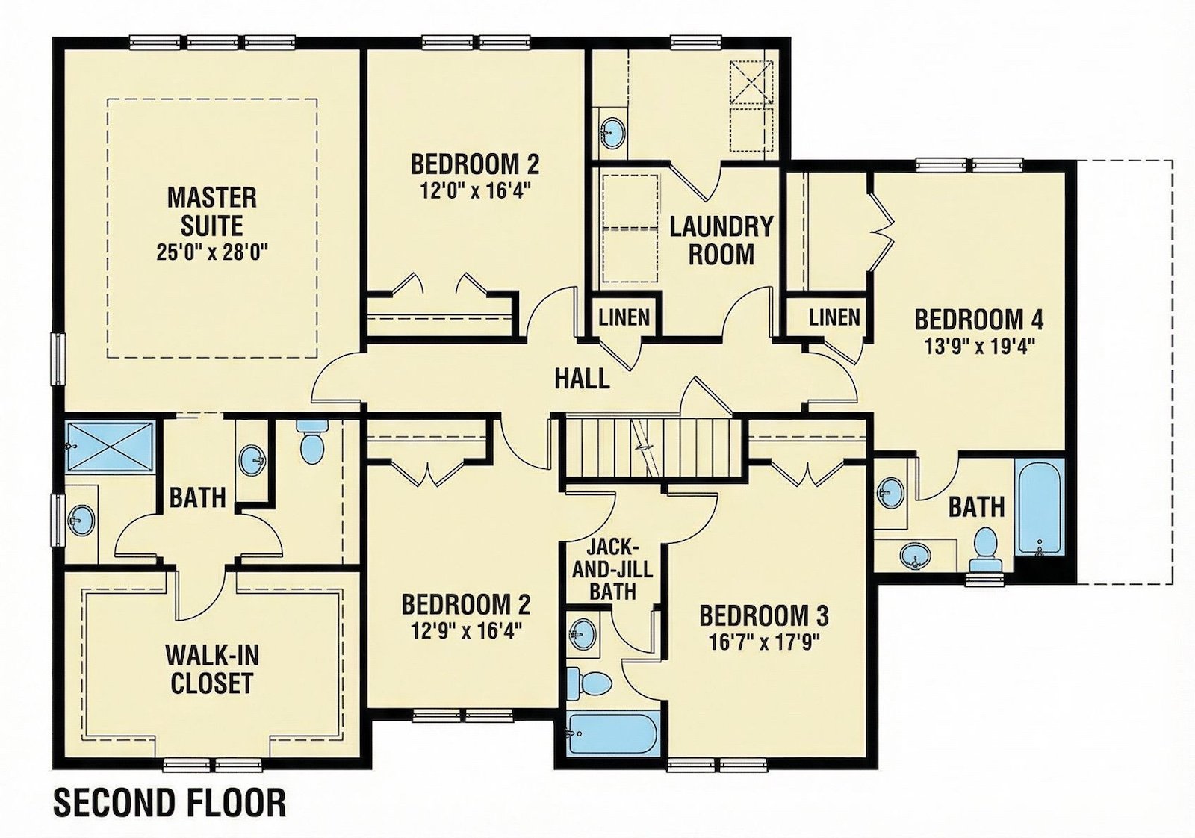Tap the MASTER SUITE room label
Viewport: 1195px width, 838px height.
212,212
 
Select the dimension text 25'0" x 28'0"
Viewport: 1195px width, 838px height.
212,251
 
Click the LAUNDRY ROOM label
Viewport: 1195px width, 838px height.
721,240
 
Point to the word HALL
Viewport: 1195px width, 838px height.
582,379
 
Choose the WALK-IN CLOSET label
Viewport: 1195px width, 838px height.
212,669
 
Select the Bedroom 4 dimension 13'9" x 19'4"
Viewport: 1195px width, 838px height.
979,347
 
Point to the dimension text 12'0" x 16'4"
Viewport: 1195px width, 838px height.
475,190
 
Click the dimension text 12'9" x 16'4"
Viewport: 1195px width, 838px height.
466,631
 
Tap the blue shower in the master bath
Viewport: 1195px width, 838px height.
111,447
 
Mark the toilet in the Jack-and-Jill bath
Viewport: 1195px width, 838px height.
589,683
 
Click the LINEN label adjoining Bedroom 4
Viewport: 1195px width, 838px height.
834,318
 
